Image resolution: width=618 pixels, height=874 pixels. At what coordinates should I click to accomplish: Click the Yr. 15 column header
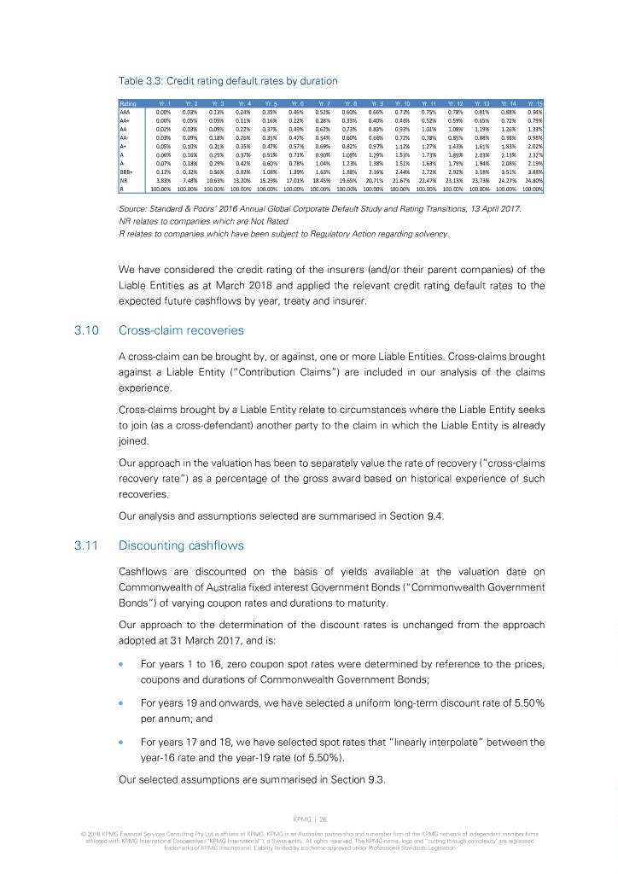pyautogui.click(x=535, y=103)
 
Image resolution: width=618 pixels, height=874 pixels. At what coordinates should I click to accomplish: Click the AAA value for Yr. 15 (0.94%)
pyautogui.click(x=536, y=112)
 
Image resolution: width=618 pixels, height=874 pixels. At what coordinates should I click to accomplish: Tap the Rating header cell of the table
pyautogui.click(x=127, y=103)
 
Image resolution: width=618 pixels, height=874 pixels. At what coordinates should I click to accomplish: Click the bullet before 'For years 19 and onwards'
pyautogui.click(x=122, y=631)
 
